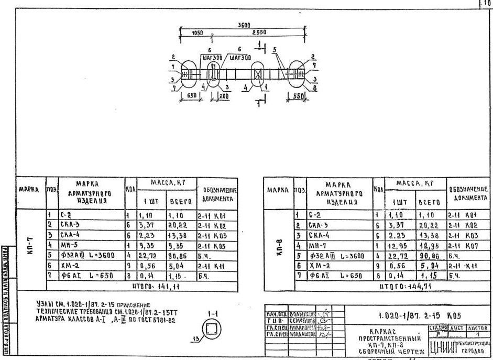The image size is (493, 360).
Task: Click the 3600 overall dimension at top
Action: (244, 25)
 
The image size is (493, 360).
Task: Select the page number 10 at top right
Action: (488, 3)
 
